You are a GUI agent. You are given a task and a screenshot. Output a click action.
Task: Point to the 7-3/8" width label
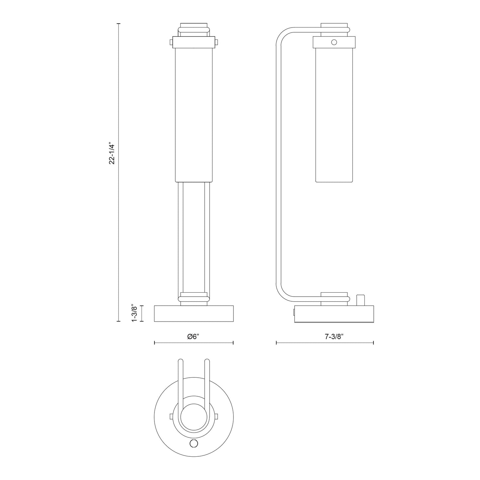334,336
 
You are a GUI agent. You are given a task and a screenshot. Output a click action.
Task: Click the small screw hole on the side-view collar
334,42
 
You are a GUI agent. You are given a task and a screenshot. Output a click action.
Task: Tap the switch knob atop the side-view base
360,300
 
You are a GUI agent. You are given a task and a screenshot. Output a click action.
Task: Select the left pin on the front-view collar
171,42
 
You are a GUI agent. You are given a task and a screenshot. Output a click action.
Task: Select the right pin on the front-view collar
217,42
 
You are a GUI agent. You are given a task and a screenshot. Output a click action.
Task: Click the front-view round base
194,313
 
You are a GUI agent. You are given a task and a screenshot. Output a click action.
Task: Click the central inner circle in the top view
194,417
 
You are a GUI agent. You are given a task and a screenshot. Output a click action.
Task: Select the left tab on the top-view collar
171,417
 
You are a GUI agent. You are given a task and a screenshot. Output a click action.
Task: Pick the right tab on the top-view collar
217,417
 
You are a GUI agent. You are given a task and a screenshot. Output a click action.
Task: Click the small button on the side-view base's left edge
294,312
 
